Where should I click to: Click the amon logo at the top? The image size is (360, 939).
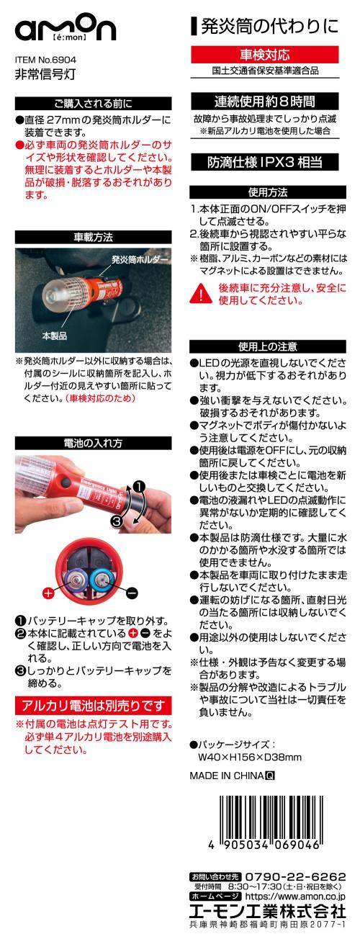66,30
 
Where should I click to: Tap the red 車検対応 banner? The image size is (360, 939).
265,55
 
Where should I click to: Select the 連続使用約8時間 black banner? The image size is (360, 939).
265,101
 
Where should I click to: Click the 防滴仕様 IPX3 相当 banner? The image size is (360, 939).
265,162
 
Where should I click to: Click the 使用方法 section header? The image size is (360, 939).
268,192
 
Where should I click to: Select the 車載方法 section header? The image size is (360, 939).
94,237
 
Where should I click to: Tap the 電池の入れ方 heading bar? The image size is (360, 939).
94,443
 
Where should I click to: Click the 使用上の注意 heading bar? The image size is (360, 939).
268,346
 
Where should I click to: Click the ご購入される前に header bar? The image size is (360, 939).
94,104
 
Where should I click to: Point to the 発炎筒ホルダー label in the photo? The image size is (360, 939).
140,259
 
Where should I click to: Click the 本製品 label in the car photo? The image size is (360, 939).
55,336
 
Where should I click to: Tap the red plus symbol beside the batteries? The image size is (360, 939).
49,593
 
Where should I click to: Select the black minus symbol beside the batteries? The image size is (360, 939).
132,593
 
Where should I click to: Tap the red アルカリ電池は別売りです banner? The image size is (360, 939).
94,706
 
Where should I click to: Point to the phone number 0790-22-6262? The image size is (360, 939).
295,877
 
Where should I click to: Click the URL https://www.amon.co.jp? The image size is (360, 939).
295,897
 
